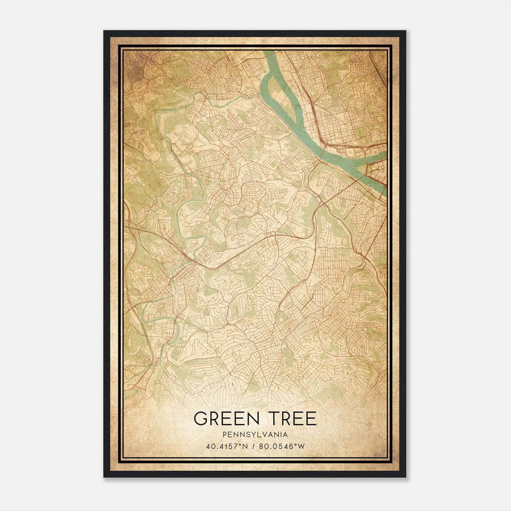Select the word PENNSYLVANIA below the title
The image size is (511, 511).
(255, 435)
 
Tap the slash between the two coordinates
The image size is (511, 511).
(254, 446)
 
